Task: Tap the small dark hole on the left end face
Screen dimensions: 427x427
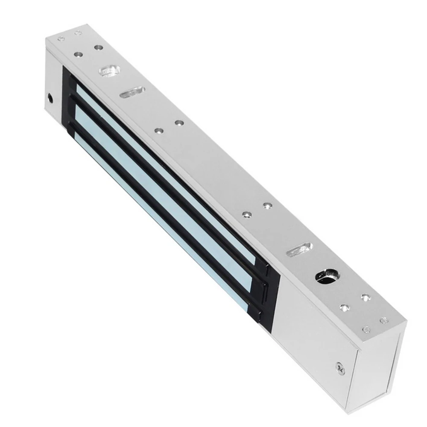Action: click(51, 97)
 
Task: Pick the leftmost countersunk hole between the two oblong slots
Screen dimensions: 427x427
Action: click(158, 131)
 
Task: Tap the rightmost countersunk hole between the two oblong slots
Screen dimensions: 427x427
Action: click(267, 206)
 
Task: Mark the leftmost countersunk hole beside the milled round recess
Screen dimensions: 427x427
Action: click(79, 55)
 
